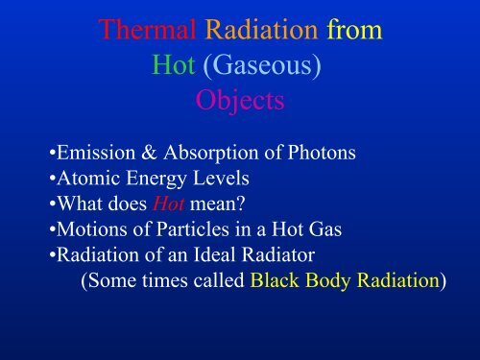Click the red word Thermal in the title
(x=147, y=32)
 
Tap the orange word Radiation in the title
(x=264, y=32)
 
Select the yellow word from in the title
(x=355, y=32)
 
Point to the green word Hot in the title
(x=177, y=64)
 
